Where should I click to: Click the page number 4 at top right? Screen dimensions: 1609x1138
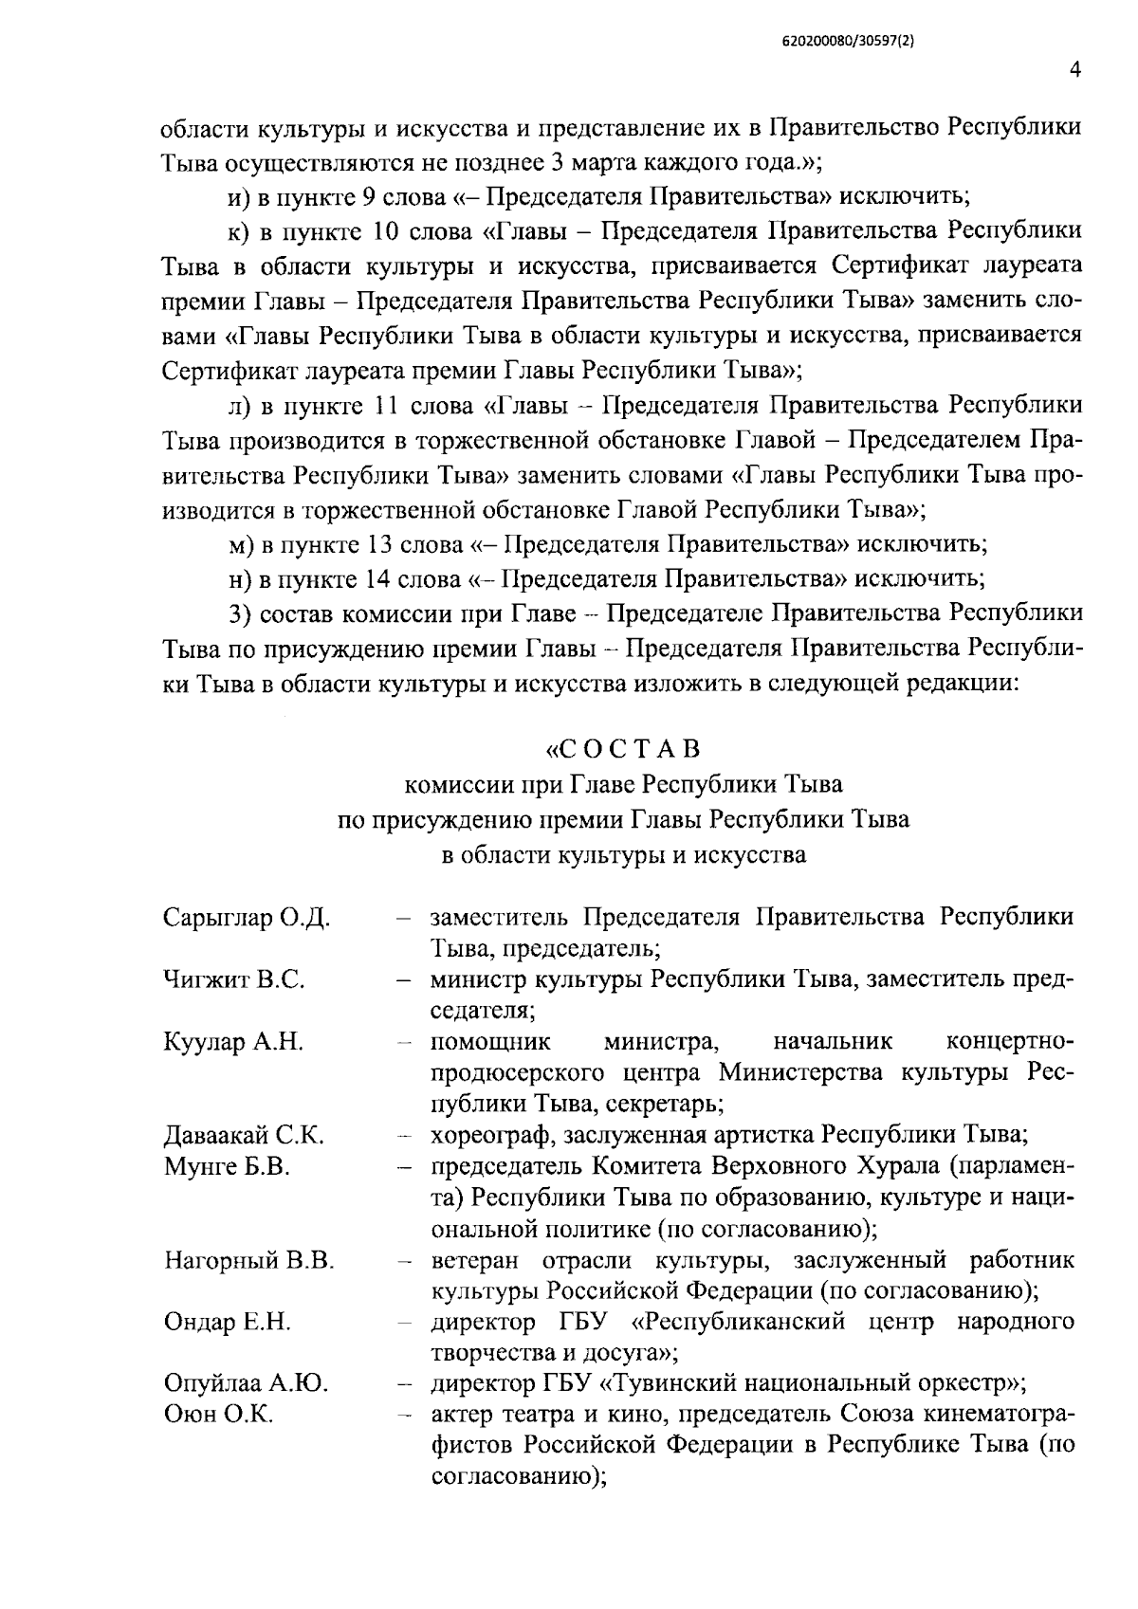1074,70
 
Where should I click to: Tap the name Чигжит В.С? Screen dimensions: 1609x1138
234,979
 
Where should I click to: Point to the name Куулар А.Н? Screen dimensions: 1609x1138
233,1042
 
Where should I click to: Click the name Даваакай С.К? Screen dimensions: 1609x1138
245,1135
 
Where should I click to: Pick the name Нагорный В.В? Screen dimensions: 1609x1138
249,1260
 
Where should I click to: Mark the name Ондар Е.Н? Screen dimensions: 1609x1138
228,1322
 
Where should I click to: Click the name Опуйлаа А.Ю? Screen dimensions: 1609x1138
247,1383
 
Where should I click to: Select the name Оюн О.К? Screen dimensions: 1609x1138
219,1415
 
